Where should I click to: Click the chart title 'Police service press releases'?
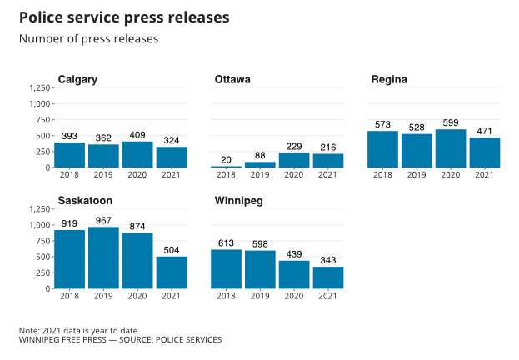[124, 17]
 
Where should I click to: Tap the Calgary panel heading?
[77, 80]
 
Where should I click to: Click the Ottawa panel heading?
[232, 80]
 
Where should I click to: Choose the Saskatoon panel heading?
[85, 201]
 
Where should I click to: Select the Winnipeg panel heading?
[240, 201]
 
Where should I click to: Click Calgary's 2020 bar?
[137, 154]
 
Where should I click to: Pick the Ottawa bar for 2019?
[260, 164]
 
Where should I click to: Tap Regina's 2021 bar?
[484, 152]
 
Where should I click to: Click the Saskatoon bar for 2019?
[103, 257]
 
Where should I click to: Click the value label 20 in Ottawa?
[226, 159]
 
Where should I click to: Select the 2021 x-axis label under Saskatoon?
[171, 296]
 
